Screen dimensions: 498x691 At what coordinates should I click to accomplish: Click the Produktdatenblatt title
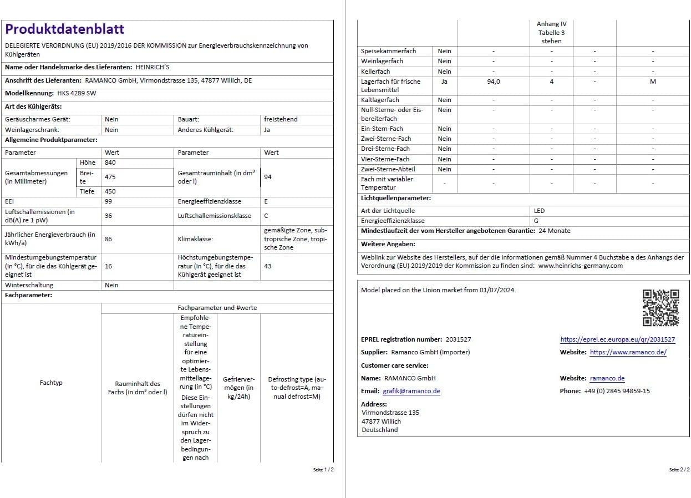[65, 29]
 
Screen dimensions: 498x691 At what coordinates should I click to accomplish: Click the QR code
[660, 308]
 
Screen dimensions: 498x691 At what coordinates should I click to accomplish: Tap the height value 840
[110, 162]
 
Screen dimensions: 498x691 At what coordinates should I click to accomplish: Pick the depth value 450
[110, 191]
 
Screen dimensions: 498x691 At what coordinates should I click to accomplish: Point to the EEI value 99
[109, 201]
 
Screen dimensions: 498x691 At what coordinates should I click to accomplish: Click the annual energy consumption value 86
[109, 238]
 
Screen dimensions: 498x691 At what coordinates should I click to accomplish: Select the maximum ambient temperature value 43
[268, 266]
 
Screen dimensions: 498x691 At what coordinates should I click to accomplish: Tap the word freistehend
[281, 119]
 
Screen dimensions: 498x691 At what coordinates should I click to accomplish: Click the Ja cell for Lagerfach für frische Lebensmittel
[444, 82]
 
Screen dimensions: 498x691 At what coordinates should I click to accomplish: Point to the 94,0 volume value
[493, 82]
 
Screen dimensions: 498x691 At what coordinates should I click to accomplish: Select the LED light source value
[539, 211]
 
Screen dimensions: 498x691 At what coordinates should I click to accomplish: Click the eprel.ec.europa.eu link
[617, 339]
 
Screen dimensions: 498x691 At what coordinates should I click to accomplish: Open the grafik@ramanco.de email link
[411, 391]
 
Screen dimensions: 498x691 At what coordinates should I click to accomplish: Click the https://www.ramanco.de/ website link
[628, 352]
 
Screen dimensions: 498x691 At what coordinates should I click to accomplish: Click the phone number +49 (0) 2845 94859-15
[617, 391]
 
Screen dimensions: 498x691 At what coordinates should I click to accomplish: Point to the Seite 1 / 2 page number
[323, 470]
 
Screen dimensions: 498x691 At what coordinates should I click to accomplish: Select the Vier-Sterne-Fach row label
[385, 159]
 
